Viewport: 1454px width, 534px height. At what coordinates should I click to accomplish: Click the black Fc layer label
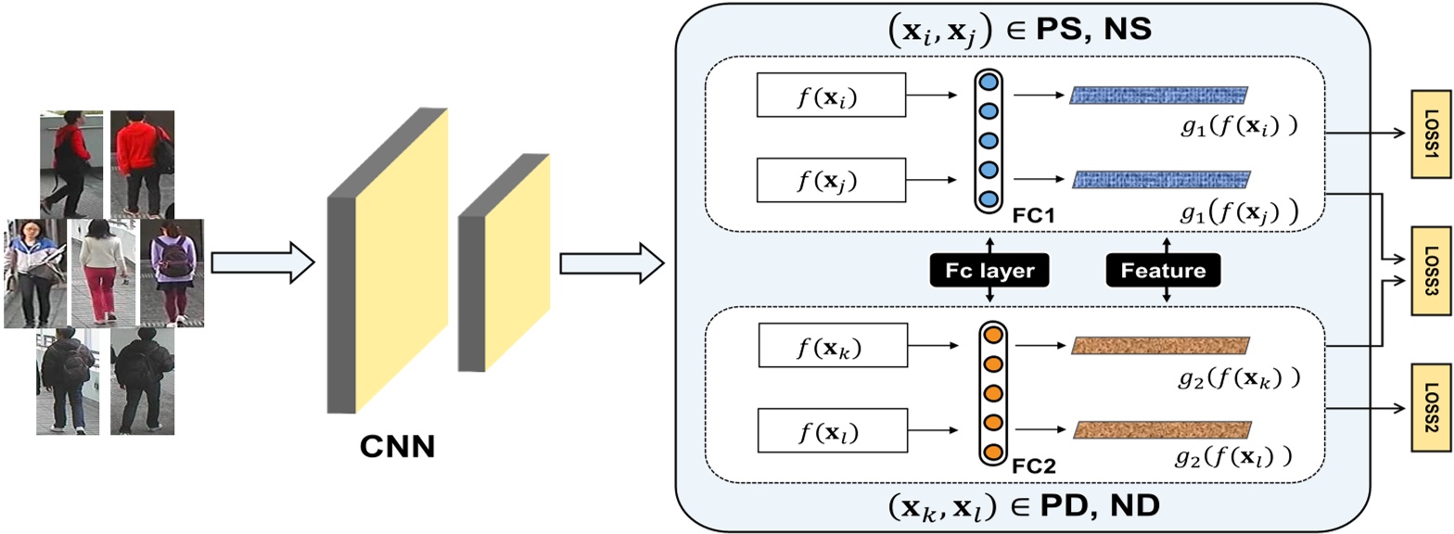pyautogui.click(x=989, y=270)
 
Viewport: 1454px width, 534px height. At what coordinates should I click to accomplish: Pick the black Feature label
pyautogui.click(x=1164, y=270)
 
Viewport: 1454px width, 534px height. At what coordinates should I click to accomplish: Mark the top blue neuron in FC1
pyautogui.click(x=989, y=83)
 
